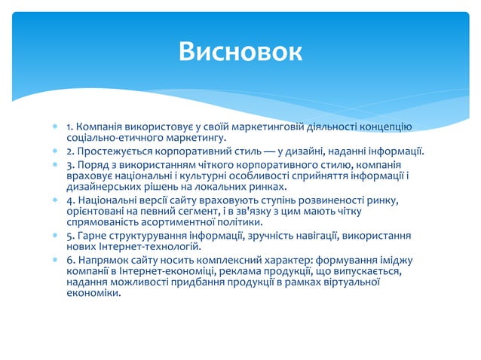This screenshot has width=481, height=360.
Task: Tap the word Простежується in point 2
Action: tap(112, 151)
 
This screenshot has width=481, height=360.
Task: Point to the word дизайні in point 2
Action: tap(301, 151)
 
